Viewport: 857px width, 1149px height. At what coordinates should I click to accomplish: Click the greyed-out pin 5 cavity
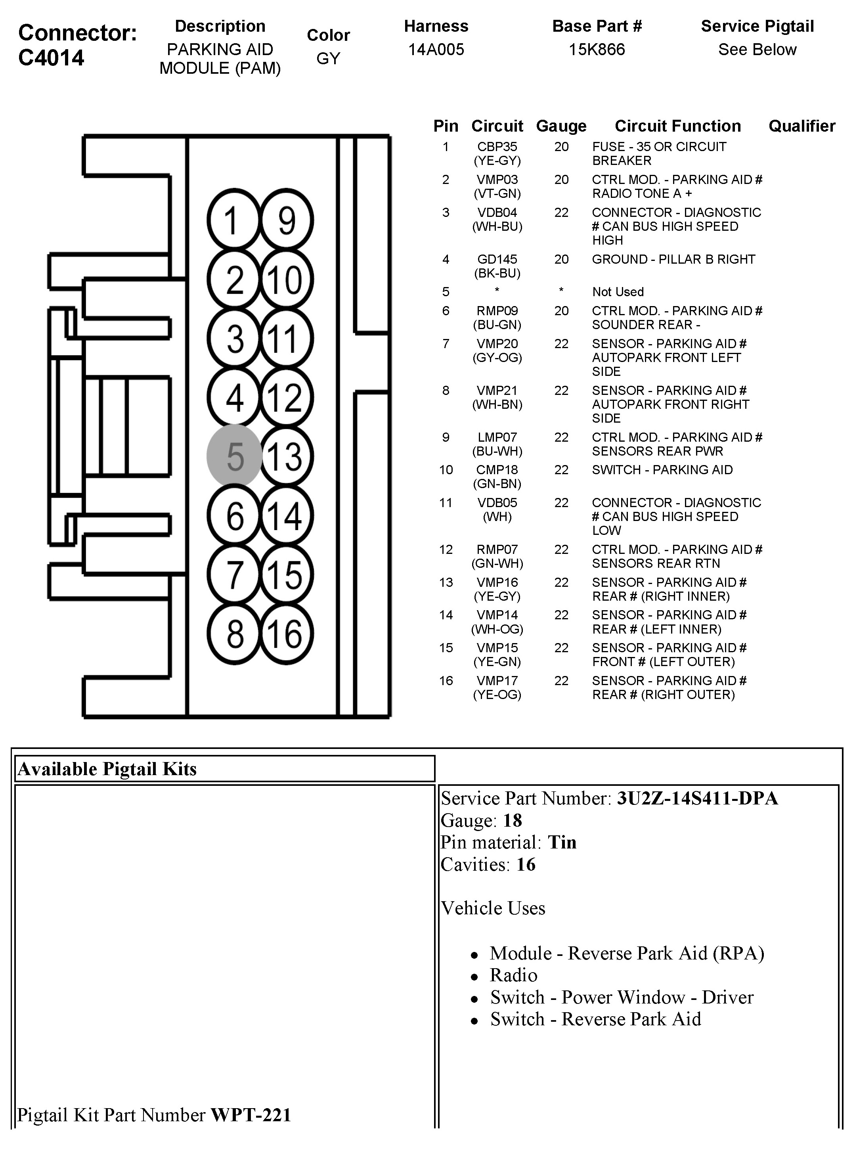click(235, 456)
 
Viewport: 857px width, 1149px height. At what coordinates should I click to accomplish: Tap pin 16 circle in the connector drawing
click(286, 633)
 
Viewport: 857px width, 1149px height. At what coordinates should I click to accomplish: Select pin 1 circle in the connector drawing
click(233, 220)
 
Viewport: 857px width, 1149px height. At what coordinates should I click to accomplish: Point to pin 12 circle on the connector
click(286, 397)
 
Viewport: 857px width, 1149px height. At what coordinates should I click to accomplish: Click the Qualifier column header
click(802, 126)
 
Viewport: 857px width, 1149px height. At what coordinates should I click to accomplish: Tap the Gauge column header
click(561, 126)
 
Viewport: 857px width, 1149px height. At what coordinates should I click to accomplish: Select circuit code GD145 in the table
click(497, 259)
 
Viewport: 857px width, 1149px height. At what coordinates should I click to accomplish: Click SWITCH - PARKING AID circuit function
click(662, 469)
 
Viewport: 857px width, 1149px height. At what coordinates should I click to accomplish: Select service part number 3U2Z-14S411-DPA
click(697, 798)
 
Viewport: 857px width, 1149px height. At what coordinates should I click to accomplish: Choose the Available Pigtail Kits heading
click(107, 769)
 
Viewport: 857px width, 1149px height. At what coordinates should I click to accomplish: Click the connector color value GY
click(328, 58)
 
